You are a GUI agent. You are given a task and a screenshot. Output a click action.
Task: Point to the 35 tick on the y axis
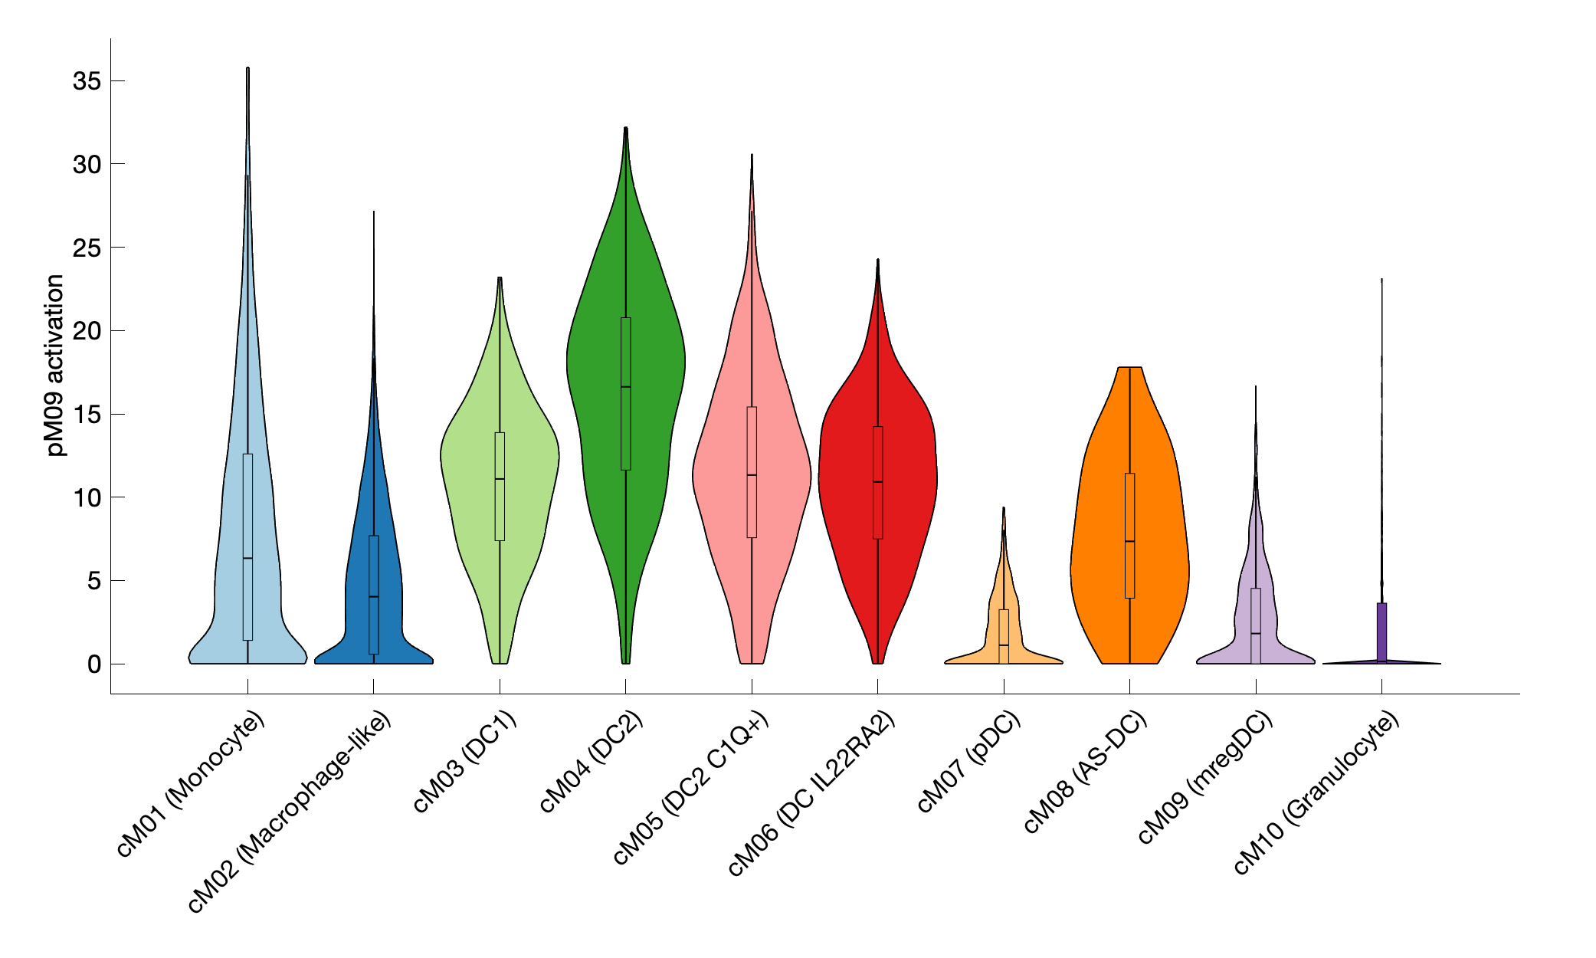(87, 81)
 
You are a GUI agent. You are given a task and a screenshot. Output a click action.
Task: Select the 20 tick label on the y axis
(87, 331)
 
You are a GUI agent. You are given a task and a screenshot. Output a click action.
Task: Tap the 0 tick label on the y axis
(93, 664)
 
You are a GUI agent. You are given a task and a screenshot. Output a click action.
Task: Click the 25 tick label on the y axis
(87, 248)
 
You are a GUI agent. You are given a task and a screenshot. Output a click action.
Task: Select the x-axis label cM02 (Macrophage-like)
(290, 812)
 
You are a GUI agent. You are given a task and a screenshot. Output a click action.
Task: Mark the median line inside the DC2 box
(626, 387)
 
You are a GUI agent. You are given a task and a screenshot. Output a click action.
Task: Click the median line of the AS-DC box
(1129, 541)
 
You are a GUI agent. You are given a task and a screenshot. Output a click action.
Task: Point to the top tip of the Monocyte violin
(247, 69)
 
